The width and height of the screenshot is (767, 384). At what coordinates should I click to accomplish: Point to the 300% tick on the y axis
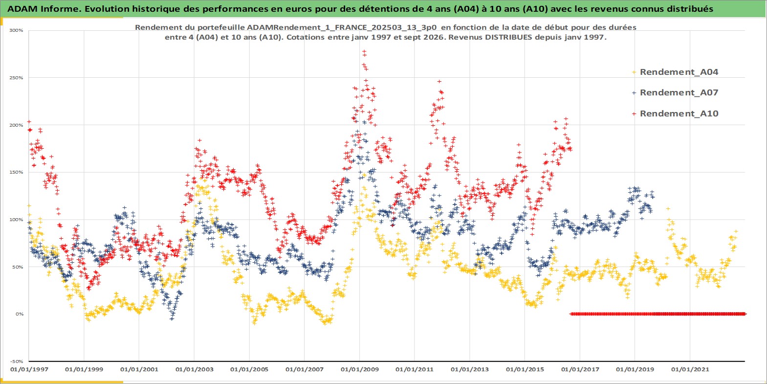pyautogui.click(x=16, y=30)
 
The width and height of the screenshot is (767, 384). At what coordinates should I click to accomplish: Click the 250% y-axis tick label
pyautogui.click(x=16, y=78)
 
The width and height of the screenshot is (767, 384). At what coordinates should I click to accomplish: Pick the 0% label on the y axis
pyautogui.click(x=19, y=314)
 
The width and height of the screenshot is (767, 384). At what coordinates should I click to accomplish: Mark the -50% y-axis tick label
pyautogui.click(x=16, y=361)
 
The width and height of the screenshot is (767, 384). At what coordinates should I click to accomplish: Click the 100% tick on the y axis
pyautogui.click(x=16, y=220)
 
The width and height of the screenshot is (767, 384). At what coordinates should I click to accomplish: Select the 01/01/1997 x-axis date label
pyautogui.click(x=29, y=369)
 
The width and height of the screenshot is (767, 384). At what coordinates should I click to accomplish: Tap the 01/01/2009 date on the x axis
pyautogui.click(x=359, y=369)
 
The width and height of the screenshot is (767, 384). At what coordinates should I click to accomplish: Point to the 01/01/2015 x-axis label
pyautogui.click(x=525, y=369)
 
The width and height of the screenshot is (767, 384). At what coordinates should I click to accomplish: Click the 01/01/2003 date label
pyautogui.click(x=194, y=369)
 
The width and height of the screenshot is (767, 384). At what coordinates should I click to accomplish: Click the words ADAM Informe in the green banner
pyautogui.click(x=43, y=9)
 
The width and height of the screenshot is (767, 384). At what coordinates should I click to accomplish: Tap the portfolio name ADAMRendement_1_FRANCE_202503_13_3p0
pyautogui.click(x=342, y=27)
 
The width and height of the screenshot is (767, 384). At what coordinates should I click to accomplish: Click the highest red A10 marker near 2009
pyautogui.click(x=364, y=51)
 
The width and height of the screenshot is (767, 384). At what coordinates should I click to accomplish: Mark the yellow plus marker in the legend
pyautogui.click(x=634, y=72)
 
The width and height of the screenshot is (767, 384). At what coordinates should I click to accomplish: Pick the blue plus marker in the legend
pyautogui.click(x=634, y=93)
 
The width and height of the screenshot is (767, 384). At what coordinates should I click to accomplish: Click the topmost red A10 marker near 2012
pyautogui.click(x=439, y=82)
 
